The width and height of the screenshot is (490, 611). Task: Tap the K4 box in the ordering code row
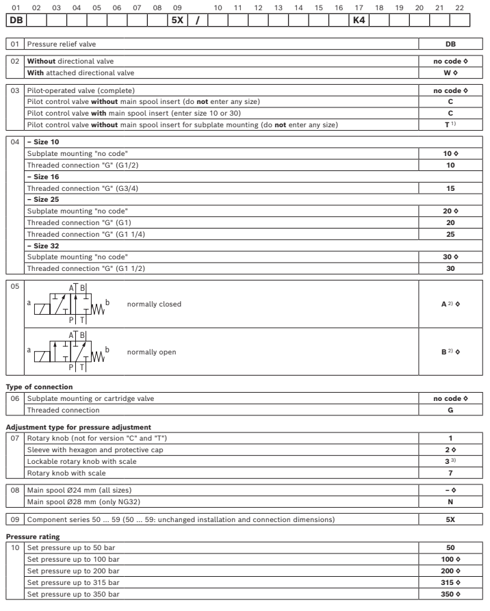pos(359,21)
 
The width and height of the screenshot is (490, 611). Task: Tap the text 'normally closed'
pos(154,303)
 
